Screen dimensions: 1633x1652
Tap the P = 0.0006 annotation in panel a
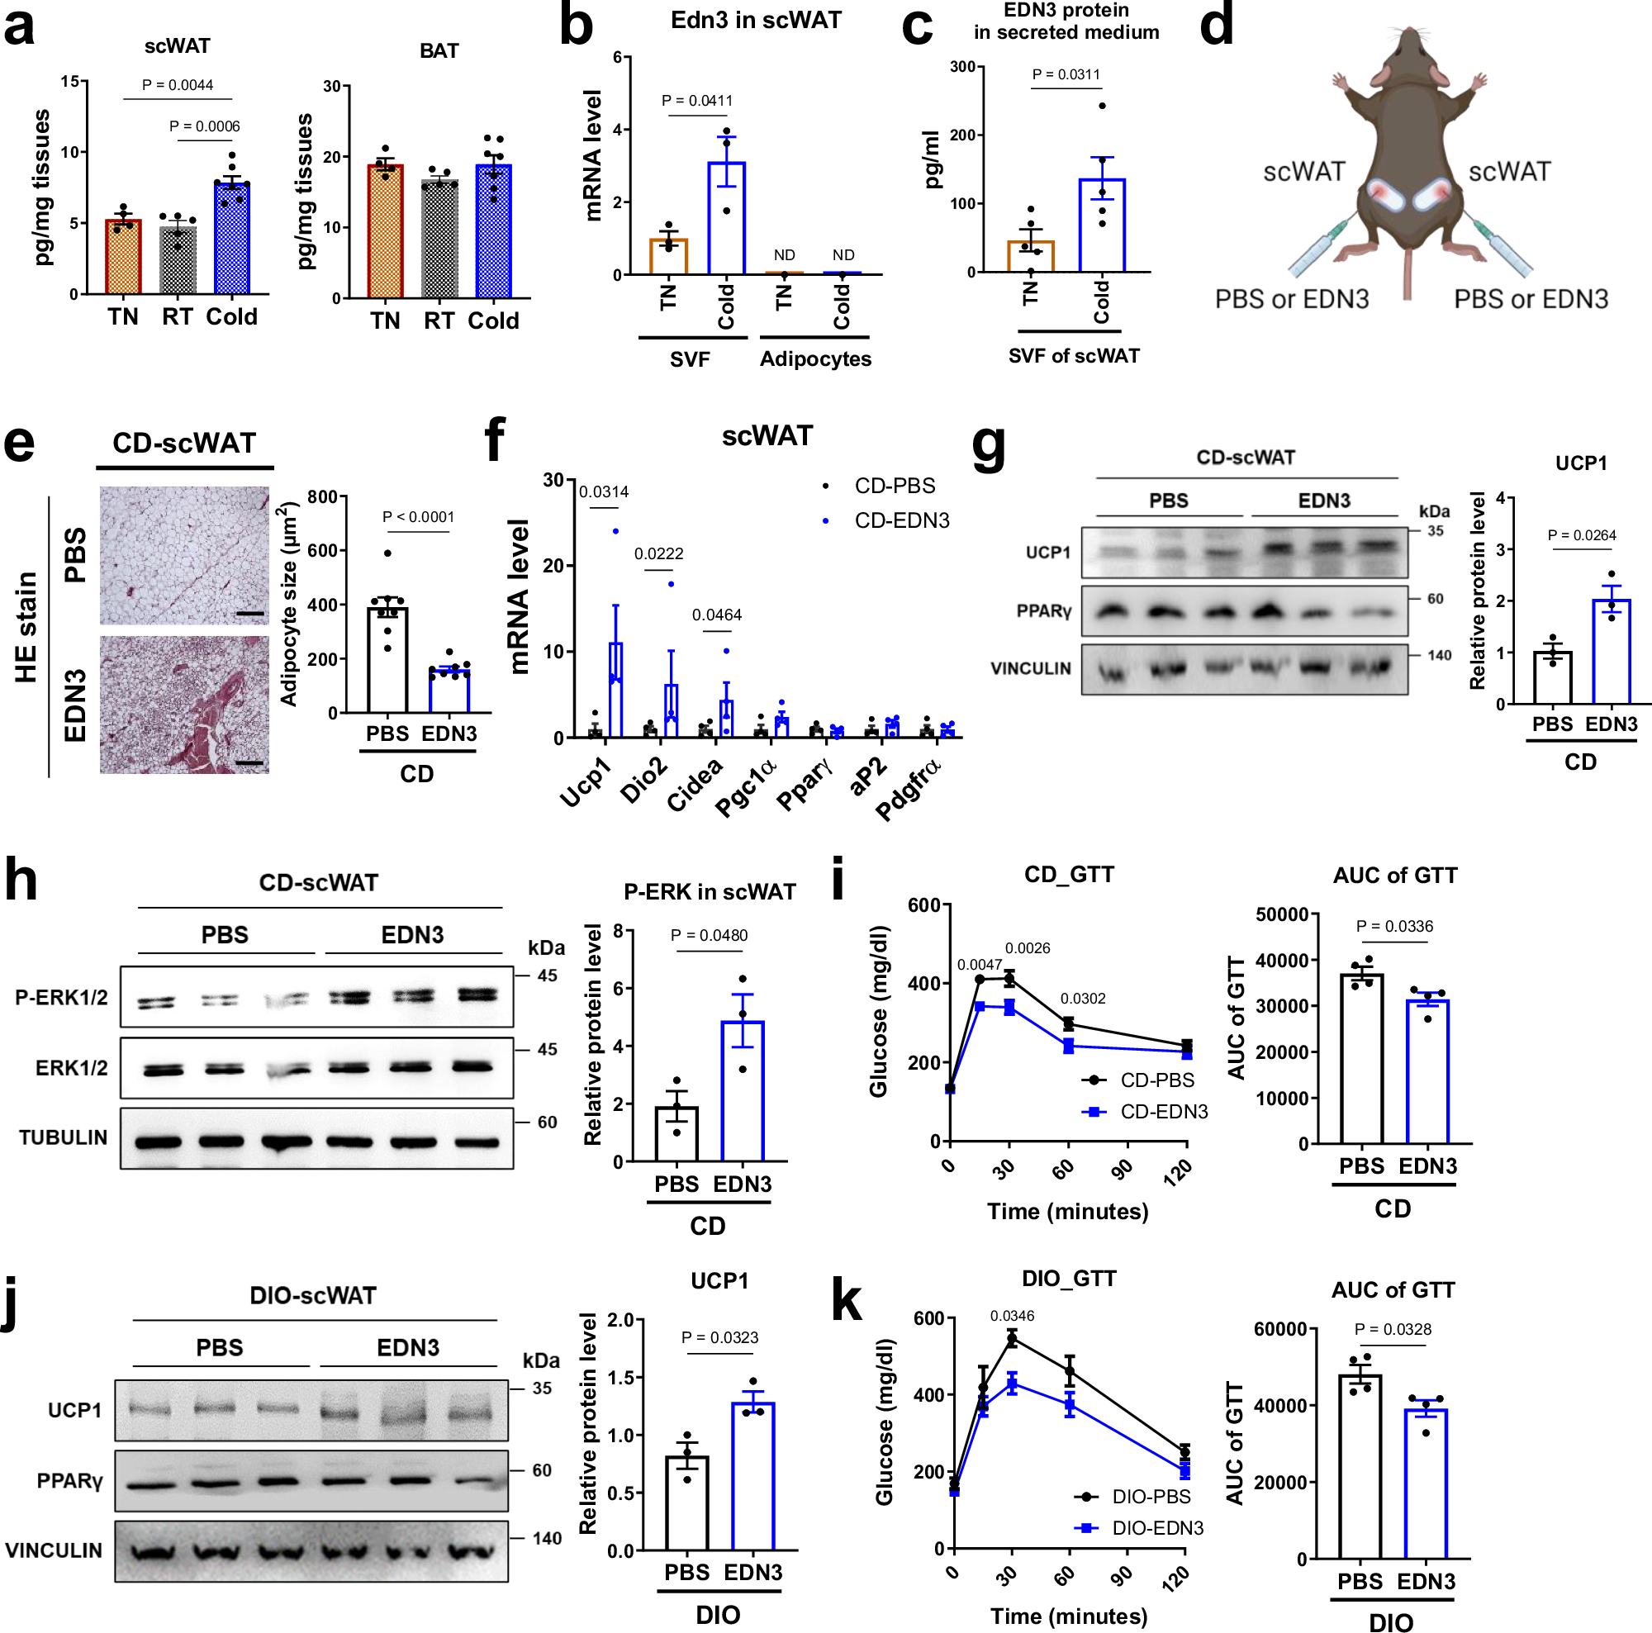tap(204, 126)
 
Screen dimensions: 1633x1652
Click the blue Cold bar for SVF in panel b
tap(726, 218)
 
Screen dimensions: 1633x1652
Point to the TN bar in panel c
tap(1030, 257)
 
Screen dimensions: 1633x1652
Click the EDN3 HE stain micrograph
tap(184, 705)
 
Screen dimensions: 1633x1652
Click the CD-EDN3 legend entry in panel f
tap(900, 520)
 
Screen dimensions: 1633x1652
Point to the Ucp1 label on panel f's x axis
tap(585, 782)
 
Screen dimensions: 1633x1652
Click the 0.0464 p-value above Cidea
tap(716, 615)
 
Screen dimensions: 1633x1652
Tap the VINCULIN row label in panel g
tap(1030, 667)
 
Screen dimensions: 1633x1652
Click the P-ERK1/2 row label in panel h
tap(62, 997)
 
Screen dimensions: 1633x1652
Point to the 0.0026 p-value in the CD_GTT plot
tap(1027, 948)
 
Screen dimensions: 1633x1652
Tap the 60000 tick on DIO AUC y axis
tap(1279, 1330)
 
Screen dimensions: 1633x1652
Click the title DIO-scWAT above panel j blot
tap(313, 1295)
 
